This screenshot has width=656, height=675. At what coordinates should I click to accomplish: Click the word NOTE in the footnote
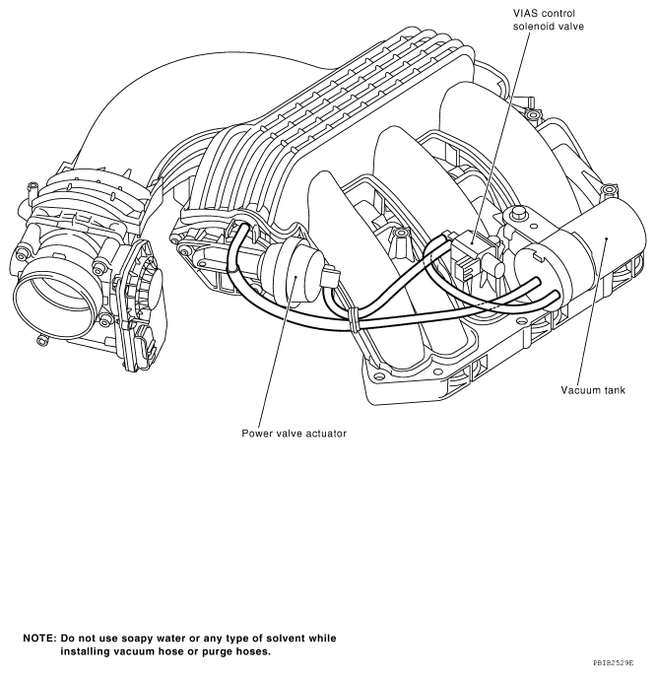(38, 638)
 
